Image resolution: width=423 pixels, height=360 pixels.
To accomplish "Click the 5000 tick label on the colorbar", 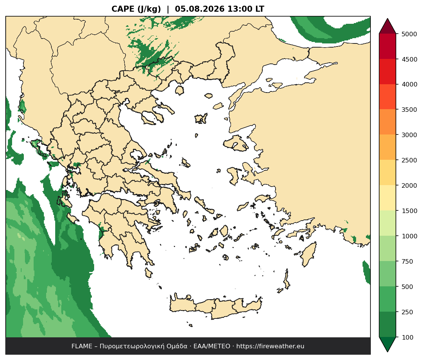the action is coord(409,34).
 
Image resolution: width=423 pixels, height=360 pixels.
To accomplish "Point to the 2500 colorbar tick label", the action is coord(409,160).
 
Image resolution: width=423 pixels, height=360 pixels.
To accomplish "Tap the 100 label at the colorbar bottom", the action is coord(408,337).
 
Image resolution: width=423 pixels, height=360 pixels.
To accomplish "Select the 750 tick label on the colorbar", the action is coord(408,261).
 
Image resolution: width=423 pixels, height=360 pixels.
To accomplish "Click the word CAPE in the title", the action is coord(123,9).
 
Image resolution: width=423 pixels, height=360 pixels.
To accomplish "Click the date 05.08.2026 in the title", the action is coord(200,9).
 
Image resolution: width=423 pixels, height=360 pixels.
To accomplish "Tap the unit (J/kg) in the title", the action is coord(149,9).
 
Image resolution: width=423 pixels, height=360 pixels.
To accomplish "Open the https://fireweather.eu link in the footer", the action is coord(270,346).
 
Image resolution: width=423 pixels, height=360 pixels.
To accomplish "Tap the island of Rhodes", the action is coord(308,254).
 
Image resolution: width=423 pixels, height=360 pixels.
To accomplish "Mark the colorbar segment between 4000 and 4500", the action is coord(387,72).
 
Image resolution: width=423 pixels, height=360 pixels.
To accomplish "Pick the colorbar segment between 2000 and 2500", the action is coord(387,173).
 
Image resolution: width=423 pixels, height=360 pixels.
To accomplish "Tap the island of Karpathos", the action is coord(286,279).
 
